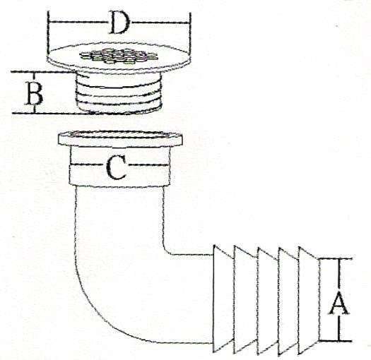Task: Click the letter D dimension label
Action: coord(119,23)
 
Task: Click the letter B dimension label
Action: coord(35,93)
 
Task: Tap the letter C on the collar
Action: coord(116,167)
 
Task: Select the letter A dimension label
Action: coord(338,304)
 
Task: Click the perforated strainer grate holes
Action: coord(119,56)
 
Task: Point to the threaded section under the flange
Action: coord(118,94)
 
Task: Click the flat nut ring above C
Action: coord(120,139)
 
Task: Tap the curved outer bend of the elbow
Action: coord(95,313)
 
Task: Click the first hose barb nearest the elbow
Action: coord(223,299)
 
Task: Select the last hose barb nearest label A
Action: coord(308,300)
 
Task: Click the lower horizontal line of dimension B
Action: coord(51,113)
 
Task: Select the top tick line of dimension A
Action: coord(336,258)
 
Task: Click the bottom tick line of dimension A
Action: coord(335,341)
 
